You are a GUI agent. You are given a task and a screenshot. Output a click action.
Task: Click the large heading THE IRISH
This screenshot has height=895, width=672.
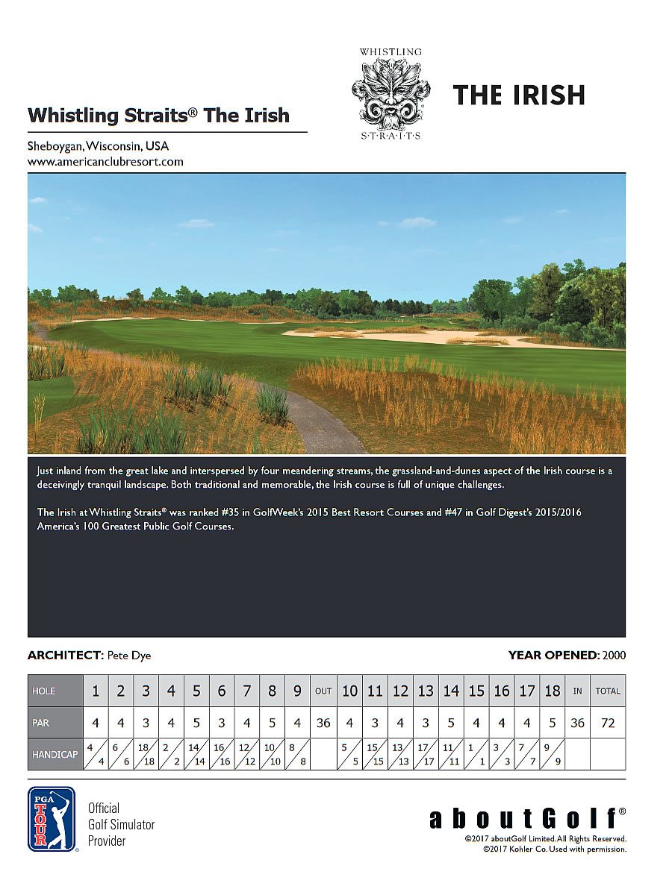(x=518, y=95)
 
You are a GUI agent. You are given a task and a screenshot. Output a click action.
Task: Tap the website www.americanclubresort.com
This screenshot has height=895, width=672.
(x=105, y=161)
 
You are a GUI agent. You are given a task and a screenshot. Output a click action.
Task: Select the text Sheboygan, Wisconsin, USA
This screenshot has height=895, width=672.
(x=98, y=146)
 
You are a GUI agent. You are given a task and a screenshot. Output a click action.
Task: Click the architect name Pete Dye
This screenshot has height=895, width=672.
(x=129, y=656)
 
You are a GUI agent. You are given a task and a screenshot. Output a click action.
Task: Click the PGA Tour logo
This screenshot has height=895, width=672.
(x=52, y=819)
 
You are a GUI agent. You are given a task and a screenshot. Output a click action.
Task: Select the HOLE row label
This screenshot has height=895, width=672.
(x=44, y=691)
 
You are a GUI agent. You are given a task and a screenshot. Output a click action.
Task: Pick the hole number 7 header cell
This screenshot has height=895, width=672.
(x=246, y=691)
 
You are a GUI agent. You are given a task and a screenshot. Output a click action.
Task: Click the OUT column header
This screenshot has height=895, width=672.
(x=323, y=691)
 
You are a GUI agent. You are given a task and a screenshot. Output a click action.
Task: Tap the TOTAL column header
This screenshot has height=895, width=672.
(x=608, y=691)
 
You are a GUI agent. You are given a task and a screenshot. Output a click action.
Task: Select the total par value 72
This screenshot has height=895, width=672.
(x=608, y=723)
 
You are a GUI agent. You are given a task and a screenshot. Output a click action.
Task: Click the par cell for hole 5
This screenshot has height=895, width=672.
(x=196, y=723)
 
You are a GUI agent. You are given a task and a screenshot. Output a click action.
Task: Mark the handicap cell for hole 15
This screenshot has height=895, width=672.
(x=476, y=754)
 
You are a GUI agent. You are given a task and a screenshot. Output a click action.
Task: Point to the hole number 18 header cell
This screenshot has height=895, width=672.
(x=552, y=691)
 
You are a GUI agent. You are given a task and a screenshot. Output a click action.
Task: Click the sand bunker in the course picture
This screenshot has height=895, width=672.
(x=448, y=337)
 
